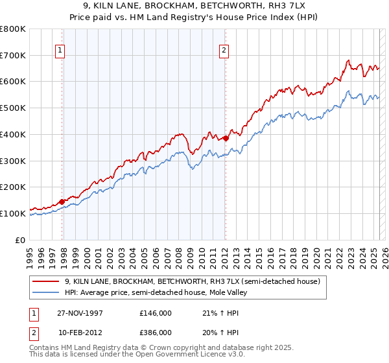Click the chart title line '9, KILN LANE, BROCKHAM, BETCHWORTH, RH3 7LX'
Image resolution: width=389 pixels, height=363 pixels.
[194, 5]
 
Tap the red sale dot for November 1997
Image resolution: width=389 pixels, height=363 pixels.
[62, 202]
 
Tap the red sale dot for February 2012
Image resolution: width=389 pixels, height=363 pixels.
[226, 138]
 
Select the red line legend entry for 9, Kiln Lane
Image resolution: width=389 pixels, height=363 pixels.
[192, 281]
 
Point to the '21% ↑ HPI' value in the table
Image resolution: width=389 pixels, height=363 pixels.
[213, 312]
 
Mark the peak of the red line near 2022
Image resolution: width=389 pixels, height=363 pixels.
[348, 61]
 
